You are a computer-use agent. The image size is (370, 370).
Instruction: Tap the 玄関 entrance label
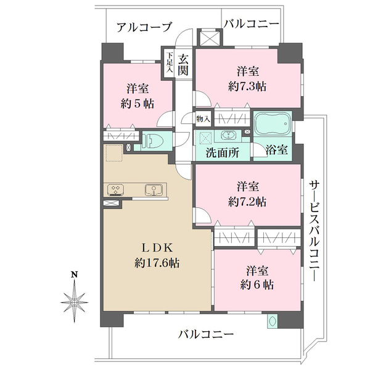[x=183, y=64]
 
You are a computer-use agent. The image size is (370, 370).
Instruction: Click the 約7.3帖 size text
[x=248, y=86]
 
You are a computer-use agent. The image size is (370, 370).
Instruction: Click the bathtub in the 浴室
[x=273, y=125]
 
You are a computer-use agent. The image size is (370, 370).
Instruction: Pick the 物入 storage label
[x=203, y=118]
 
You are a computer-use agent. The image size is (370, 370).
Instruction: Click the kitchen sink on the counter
[x=151, y=190]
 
